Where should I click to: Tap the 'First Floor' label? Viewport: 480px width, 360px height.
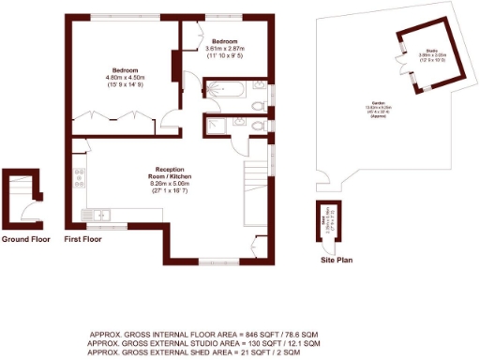click(82, 239)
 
